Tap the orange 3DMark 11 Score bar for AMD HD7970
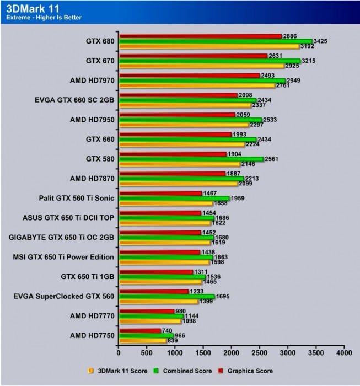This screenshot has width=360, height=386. click(x=196, y=86)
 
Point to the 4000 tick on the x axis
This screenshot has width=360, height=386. click(x=344, y=351)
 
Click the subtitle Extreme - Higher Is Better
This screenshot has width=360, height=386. click(x=44, y=17)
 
